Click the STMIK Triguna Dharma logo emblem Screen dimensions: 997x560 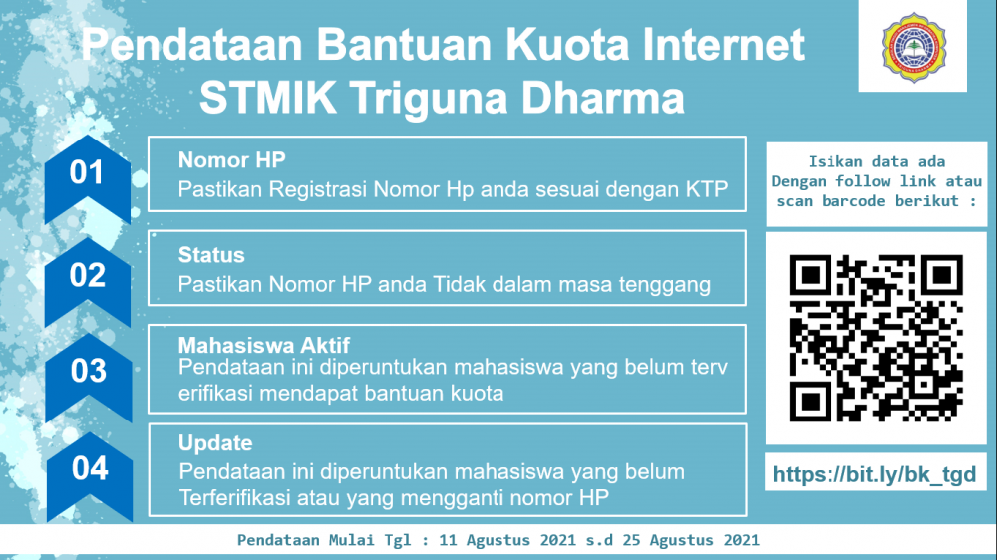(x=913, y=48)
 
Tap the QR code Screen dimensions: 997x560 (x=875, y=338)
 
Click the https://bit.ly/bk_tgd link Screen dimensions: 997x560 (x=874, y=474)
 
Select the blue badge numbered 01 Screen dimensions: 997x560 (x=87, y=179)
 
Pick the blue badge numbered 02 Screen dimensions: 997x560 (x=87, y=282)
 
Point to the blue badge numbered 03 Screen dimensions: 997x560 (x=89, y=378)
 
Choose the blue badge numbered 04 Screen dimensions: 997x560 (x=90, y=476)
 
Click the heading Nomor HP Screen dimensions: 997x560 (x=231, y=160)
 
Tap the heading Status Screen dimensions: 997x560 (x=211, y=255)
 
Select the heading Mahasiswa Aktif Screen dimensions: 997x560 (x=264, y=345)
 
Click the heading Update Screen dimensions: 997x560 (x=215, y=443)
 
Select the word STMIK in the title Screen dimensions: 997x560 (x=267, y=98)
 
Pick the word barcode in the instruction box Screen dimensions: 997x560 (x=853, y=201)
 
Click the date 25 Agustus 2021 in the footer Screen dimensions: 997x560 (x=691, y=540)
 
